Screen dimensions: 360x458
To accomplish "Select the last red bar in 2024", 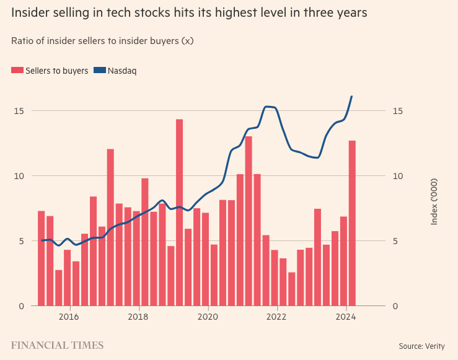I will click(x=352, y=223).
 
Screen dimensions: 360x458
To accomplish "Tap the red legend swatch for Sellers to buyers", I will click(x=17, y=71).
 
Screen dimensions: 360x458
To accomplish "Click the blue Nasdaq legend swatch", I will click(x=99, y=71).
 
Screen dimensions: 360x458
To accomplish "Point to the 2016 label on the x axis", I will click(x=69, y=317).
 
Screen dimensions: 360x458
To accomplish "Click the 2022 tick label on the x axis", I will click(x=277, y=317).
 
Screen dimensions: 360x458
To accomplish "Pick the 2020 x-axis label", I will click(x=208, y=317).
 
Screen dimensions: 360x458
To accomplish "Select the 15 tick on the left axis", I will click(x=19, y=111).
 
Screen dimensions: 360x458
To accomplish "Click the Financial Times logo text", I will click(x=57, y=345).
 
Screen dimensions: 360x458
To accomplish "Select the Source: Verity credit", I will click(x=421, y=346).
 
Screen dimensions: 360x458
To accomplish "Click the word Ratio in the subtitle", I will click(x=22, y=41).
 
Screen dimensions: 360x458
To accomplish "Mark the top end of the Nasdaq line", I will click(x=352, y=97).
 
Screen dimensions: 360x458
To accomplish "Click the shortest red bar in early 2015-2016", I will click(x=58, y=288).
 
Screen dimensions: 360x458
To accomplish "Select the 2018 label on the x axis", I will click(x=139, y=317).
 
